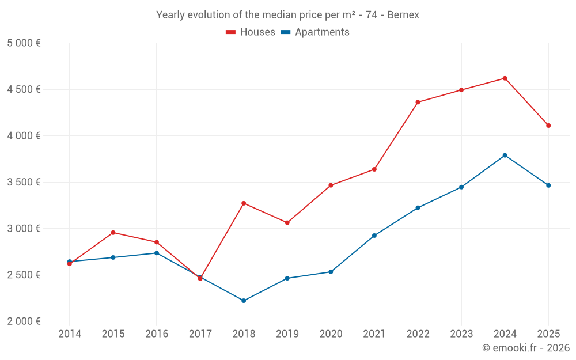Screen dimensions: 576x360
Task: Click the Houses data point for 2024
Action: (x=505, y=78)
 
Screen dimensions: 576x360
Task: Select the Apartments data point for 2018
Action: (x=244, y=301)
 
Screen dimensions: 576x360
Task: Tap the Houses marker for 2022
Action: (x=418, y=102)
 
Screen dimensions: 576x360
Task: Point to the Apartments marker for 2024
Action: (x=505, y=156)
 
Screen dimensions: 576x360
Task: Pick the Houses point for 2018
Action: (x=244, y=203)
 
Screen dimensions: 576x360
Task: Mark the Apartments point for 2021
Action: (x=374, y=236)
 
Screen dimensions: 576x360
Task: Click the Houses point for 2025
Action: (x=548, y=126)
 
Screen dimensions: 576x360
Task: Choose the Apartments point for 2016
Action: (x=157, y=253)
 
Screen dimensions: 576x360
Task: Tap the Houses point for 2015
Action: (x=113, y=233)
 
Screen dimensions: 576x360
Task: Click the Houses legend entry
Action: (x=250, y=32)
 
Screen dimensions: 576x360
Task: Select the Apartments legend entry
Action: (x=315, y=32)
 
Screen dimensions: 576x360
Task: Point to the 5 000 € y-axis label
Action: (x=24, y=43)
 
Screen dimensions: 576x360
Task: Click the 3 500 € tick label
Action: (x=24, y=182)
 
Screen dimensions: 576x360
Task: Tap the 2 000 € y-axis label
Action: (x=24, y=321)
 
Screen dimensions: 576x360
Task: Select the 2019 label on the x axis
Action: (x=287, y=334)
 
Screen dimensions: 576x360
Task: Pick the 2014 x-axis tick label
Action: (x=70, y=334)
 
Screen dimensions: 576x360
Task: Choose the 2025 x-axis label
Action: (x=548, y=334)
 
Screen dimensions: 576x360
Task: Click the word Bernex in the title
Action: (x=403, y=15)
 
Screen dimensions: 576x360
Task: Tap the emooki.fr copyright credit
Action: (x=526, y=347)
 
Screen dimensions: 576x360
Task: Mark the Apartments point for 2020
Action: (x=331, y=272)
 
